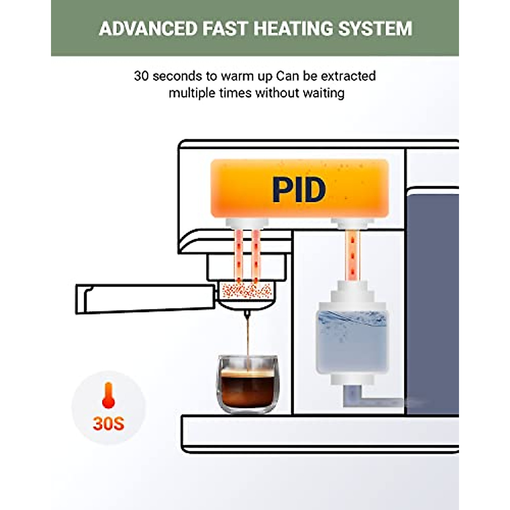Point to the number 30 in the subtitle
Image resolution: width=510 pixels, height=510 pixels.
pyautogui.click(x=142, y=76)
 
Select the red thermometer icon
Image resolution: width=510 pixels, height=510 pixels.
pyautogui.click(x=108, y=395)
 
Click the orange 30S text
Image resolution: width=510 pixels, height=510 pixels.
pyautogui.click(x=108, y=423)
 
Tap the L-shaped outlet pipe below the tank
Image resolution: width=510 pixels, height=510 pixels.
pyautogui.click(x=361, y=397)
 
